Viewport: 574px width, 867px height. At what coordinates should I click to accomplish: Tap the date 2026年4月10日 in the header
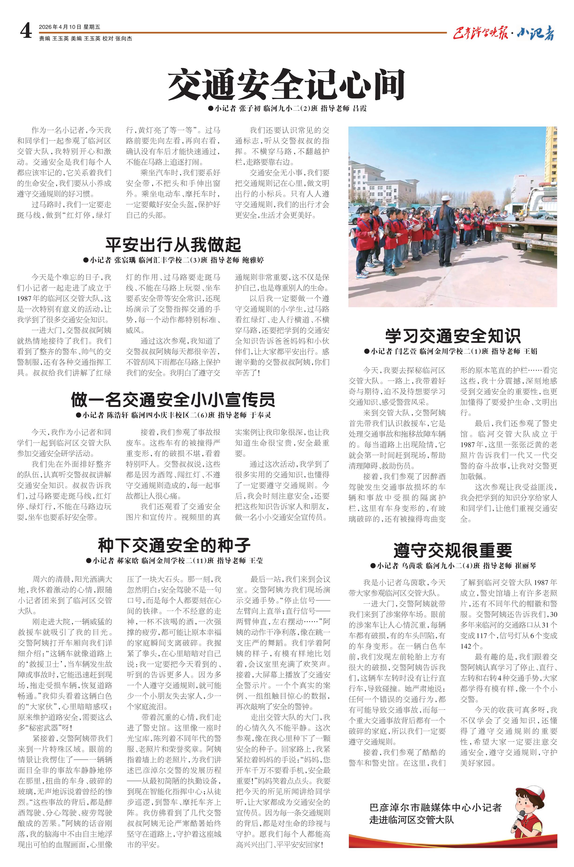pos(60,27)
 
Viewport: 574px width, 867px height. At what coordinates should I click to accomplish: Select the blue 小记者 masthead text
pos(536,34)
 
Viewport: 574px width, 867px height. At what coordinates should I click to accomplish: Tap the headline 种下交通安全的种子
pos(174,545)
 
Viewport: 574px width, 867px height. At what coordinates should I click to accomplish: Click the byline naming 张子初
pos(287,108)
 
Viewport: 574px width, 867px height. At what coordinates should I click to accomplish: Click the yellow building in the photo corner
pos(551,154)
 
